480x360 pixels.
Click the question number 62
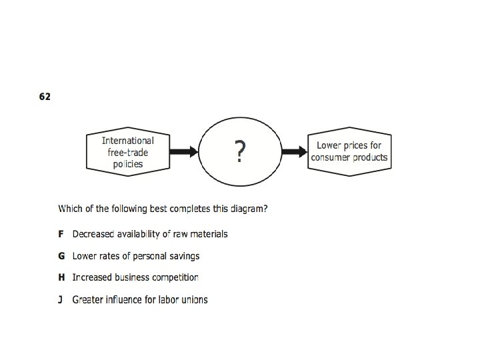click(45, 97)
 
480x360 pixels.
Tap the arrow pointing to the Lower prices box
click(293, 152)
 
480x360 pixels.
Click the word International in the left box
click(127, 141)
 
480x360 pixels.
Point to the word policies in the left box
click(128, 164)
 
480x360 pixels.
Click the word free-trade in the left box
click(128, 152)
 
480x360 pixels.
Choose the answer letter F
click(61, 234)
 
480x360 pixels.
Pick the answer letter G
click(61, 256)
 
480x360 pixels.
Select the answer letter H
click(61, 277)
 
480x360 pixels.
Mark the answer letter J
click(61, 299)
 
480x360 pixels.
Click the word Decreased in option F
click(93, 234)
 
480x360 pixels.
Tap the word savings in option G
click(184, 256)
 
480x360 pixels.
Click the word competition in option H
click(175, 277)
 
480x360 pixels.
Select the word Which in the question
click(71, 209)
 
